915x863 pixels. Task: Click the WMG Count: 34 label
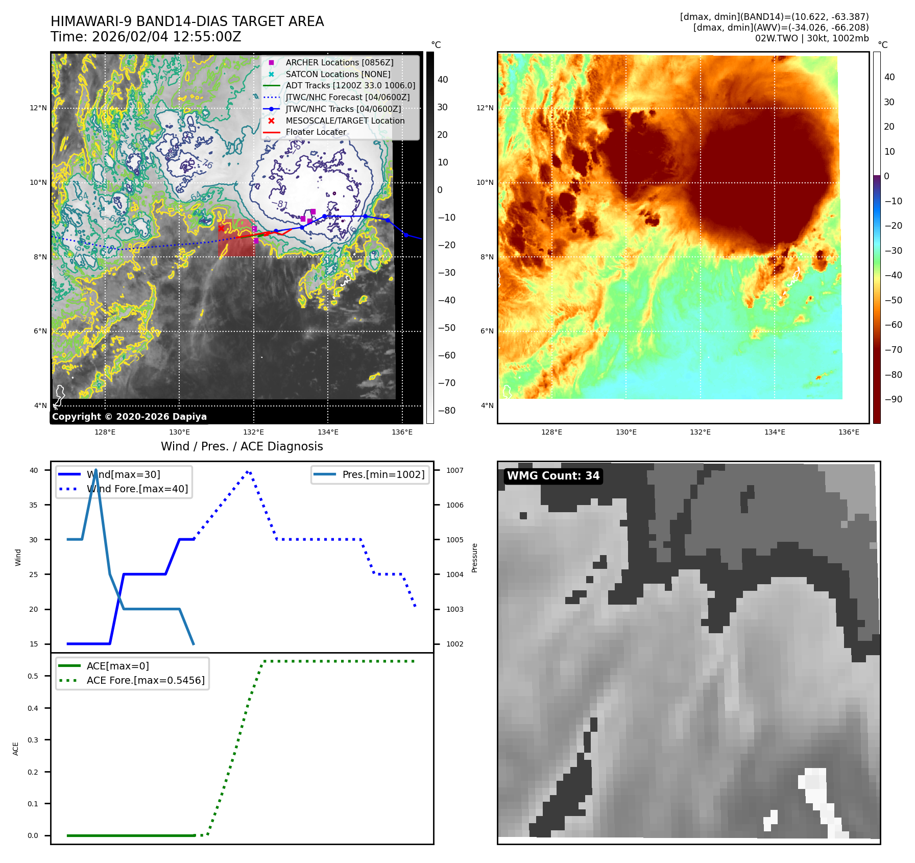click(553, 476)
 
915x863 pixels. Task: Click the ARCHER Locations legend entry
click(339, 62)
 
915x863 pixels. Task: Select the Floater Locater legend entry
click(316, 132)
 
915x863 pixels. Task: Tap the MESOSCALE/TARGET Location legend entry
click(345, 121)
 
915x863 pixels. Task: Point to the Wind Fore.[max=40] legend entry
click(137, 489)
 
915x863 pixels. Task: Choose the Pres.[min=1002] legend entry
click(383, 474)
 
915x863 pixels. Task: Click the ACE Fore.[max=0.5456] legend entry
click(145, 680)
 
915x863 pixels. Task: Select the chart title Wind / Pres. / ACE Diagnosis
click(242, 446)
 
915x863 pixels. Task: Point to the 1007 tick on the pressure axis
click(454, 470)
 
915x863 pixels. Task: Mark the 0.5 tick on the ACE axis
click(33, 676)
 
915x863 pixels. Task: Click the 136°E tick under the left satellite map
click(402, 432)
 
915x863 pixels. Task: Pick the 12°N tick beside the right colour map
click(485, 108)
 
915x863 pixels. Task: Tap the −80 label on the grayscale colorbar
click(446, 411)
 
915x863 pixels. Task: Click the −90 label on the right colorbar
click(893, 399)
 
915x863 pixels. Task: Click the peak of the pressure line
click(96, 470)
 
